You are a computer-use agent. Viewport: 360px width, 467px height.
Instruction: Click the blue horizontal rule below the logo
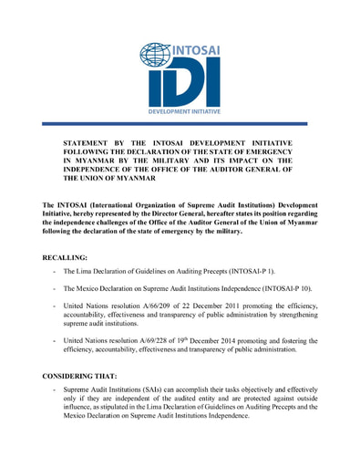[x=180, y=123]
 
